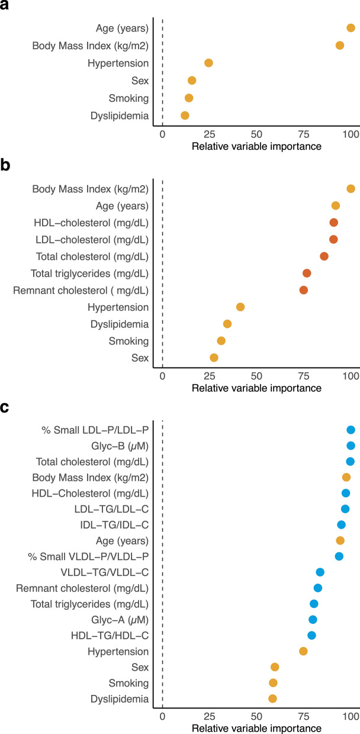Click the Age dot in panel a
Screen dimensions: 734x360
(351, 28)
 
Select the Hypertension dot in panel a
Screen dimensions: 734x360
(208, 63)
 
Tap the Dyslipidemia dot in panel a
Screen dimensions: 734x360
(185, 115)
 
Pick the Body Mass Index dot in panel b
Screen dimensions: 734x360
(351, 189)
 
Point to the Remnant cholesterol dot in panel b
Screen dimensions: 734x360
(304, 290)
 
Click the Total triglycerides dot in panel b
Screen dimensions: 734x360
(307, 273)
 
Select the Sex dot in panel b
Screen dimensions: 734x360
(214, 358)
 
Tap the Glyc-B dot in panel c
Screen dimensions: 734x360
(351, 446)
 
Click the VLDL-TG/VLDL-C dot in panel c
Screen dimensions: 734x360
(320, 572)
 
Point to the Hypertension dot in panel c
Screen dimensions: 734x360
(303, 651)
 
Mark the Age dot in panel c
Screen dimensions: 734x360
(340, 540)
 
